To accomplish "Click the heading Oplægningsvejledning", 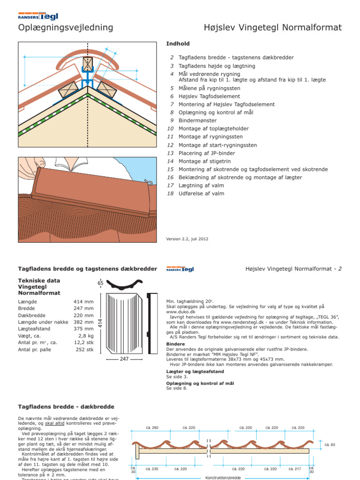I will [x=66, y=28].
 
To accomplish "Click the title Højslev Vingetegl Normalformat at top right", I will [x=273, y=28].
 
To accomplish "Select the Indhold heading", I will [x=178, y=44].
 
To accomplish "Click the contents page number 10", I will [x=170, y=128].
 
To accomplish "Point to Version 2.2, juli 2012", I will [x=187, y=239].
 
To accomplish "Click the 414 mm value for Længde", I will [x=83, y=301].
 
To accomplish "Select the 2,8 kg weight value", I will [x=86, y=336].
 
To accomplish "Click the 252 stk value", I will [x=85, y=350].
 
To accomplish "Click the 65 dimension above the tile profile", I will [x=100, y=283].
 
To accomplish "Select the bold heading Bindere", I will [x=176, y=344].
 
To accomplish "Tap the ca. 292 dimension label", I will [x=152, y=427].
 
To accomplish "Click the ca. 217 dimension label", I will [x=295, y=468].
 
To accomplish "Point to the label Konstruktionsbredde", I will [x=223, y=478].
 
